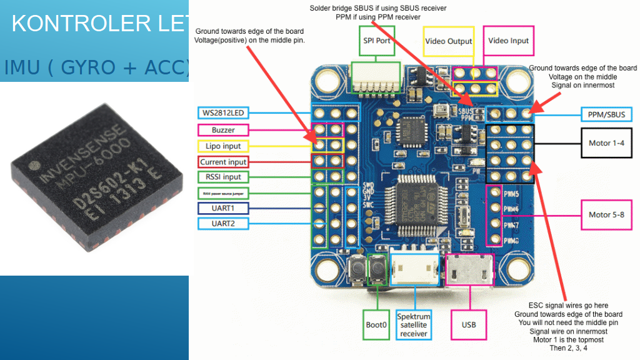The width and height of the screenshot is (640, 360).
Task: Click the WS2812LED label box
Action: click(223, 113)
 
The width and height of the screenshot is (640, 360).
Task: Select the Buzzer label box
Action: click(223, 130)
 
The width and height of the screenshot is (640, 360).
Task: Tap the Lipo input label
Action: click(223, 146)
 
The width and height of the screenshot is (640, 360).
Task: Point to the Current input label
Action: click(223, 162)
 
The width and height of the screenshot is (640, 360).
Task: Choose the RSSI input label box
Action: click(223, 177)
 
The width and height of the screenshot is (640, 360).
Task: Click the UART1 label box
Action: click(223, 207)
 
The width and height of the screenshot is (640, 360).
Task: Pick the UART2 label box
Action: click(223, 223)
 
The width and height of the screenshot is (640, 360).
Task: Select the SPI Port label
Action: click(377, 41)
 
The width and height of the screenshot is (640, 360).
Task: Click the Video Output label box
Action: click(448, 41)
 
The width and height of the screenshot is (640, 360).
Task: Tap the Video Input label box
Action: click(508, 41)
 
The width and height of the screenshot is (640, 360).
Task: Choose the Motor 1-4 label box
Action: click(606, 143)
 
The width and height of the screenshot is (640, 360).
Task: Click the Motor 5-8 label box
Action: click(606, 215)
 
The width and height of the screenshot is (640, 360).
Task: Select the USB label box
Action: click(469, 324)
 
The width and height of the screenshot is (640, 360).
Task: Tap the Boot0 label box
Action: click(376, 324)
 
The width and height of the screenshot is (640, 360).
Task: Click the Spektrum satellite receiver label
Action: click(413, 325)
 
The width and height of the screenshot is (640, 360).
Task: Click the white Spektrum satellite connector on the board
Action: click(414, 269)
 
